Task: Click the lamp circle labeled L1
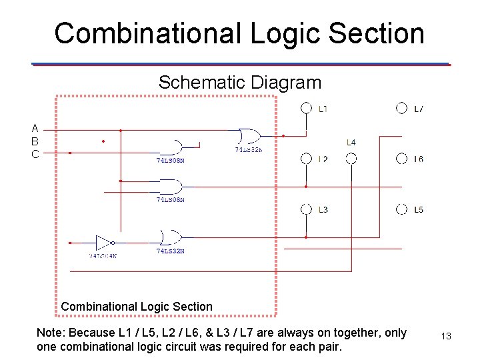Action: click(306, 108)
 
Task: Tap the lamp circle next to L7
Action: click(402, 108)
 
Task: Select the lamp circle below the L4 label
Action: click(351, 159)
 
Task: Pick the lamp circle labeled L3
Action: click(306, 209)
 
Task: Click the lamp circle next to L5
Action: click(402, 209)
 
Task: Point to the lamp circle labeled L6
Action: click(402, 159)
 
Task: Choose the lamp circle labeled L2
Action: click(306, 159)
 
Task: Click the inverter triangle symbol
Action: click(104, 243)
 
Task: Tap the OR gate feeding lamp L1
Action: click(248, 136)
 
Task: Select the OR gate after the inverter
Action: click(170, 237)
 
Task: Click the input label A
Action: click(35, 128)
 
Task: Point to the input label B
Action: click(35, 141)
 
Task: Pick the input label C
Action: click(35, 153)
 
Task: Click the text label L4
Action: click(351, 142)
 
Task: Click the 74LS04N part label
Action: click(103, 255)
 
